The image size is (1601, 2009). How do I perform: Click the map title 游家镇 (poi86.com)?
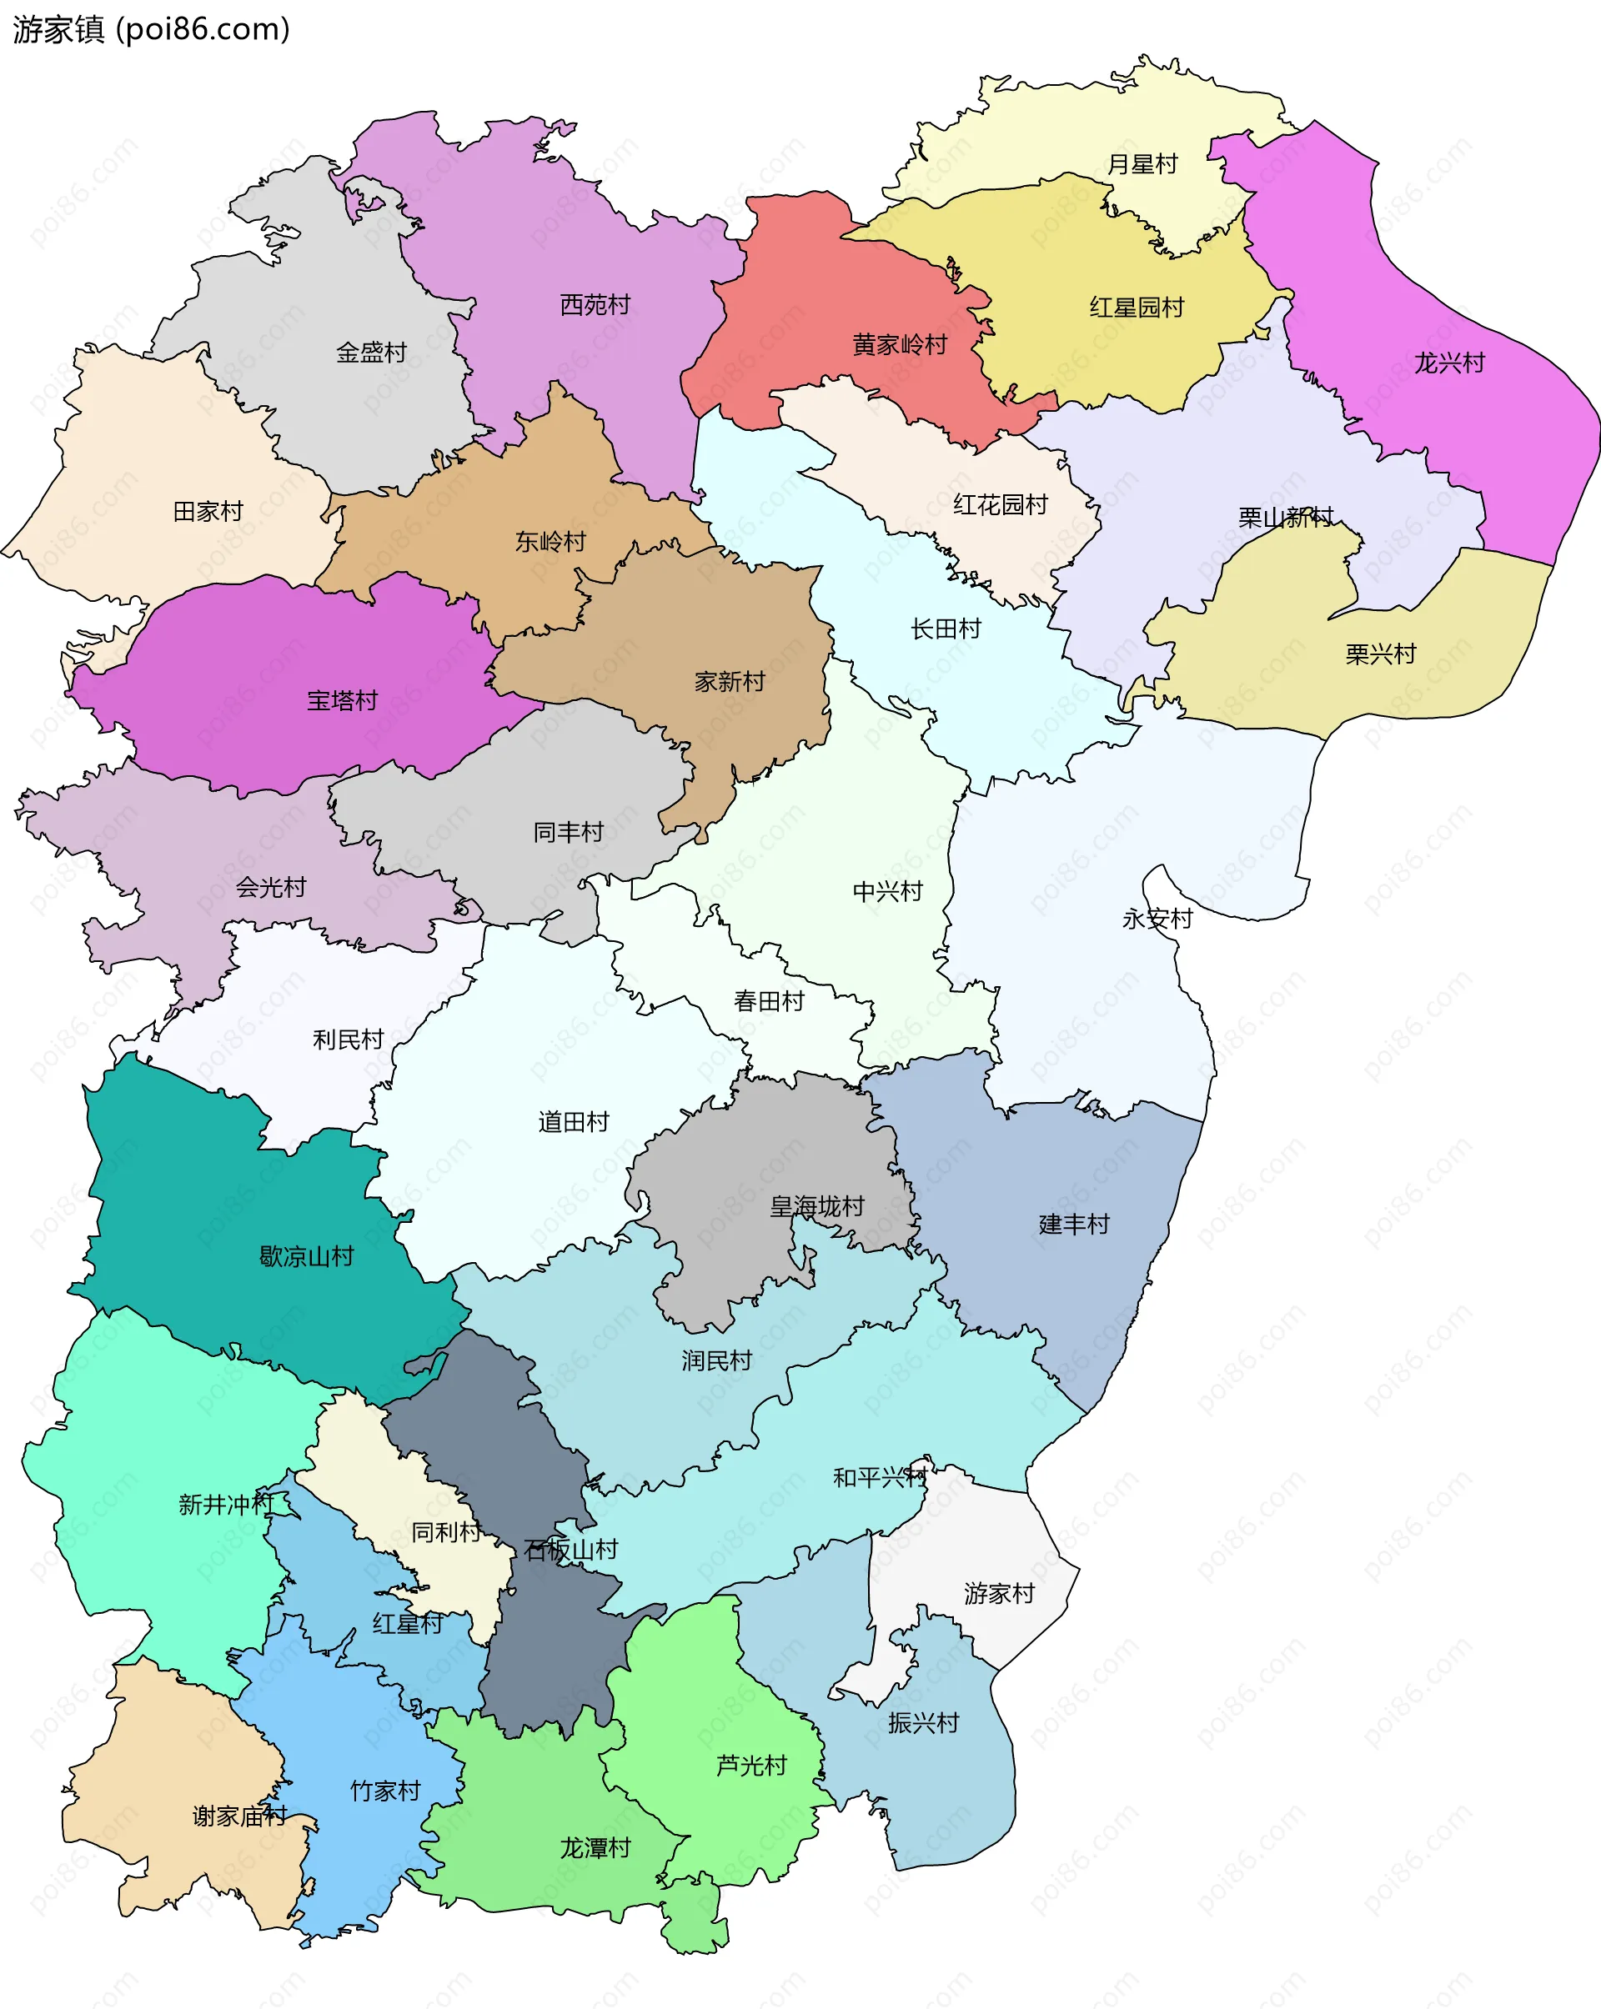click(x=152, y=30)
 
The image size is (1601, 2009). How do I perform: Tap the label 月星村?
click(x=1142, y=165)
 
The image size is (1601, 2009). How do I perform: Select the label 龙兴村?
click(x=1449, y=363)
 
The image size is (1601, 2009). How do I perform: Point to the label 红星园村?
click(x=1137, y=308)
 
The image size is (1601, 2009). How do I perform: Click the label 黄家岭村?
click(x=899, y=346)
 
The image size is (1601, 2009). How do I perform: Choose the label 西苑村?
click(x=595, y=305)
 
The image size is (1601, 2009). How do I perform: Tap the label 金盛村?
click(x=371, y=353)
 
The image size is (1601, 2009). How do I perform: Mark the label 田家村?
click(x=208, y=512)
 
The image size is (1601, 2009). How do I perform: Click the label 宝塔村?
click(x=342, y=701)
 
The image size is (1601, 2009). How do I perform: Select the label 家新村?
click(x=730, y=682)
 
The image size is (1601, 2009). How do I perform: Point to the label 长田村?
click(x=946, y=630)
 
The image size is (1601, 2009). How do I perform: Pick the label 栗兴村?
click(x=1380, y=655)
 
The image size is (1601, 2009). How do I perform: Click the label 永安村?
click(x=1157, y=919)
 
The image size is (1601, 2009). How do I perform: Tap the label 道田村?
click(x=573, y=1123)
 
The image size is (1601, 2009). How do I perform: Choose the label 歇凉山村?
click(x=307, y=1257)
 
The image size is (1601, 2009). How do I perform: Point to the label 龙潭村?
click(x=595, y=1848)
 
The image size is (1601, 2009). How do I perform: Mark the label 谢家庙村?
click(x=239, y=1816)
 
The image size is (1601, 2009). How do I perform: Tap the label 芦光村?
click(x=751, y=1766)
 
